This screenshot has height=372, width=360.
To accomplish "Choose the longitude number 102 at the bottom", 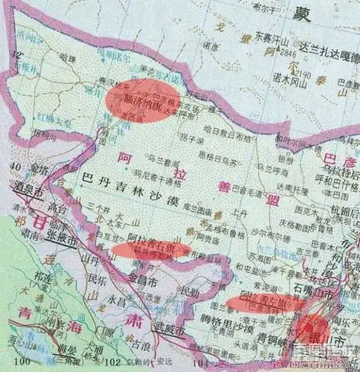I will pos(114,363).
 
